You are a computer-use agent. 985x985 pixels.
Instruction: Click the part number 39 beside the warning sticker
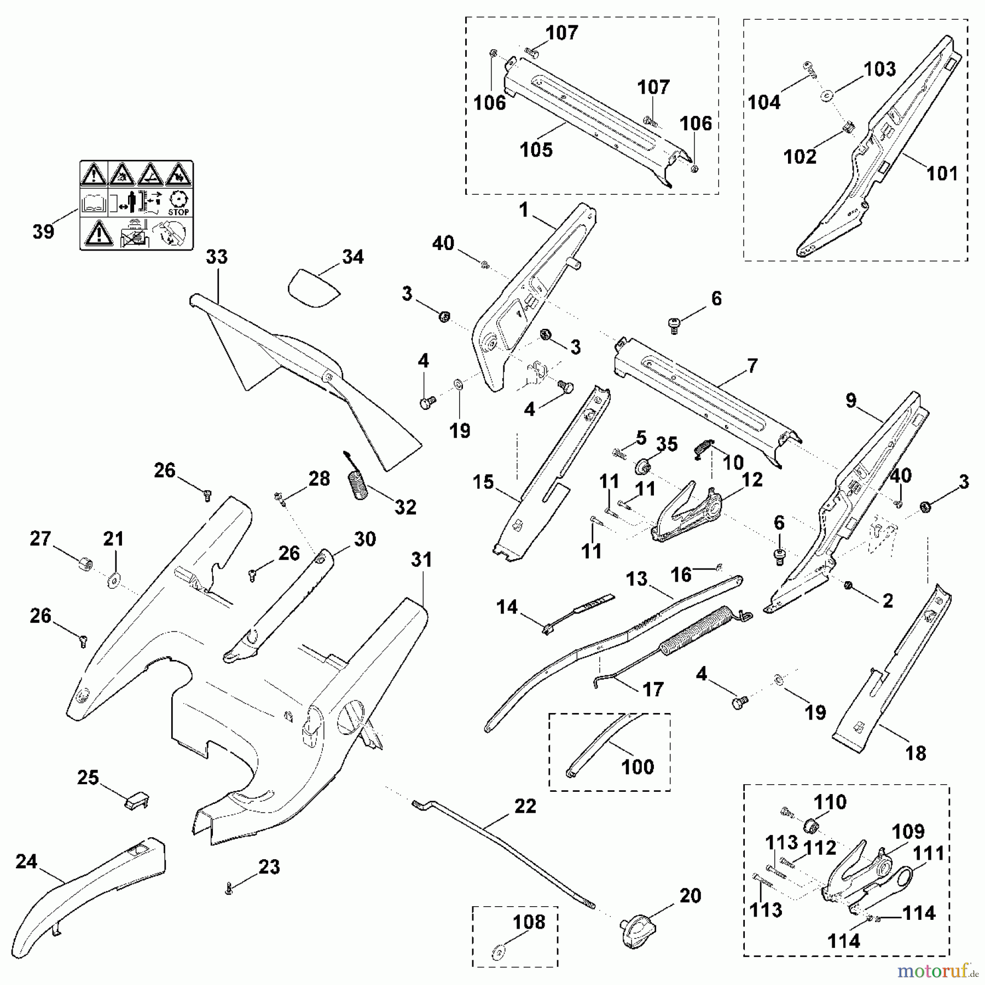click(x=43, y=231)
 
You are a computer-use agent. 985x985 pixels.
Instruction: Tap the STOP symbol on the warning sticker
click(x=178, y=203)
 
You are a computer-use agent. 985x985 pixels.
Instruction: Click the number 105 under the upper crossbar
click(x=536, y=150)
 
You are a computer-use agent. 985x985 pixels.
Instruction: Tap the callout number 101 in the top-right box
click(x=942, y=173)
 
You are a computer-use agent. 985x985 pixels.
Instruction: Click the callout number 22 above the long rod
click(x=525, y=806)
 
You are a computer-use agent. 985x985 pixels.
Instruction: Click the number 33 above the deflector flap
click(x=217, y=257)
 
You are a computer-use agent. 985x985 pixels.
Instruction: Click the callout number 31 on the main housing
click(x=421, y=560)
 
